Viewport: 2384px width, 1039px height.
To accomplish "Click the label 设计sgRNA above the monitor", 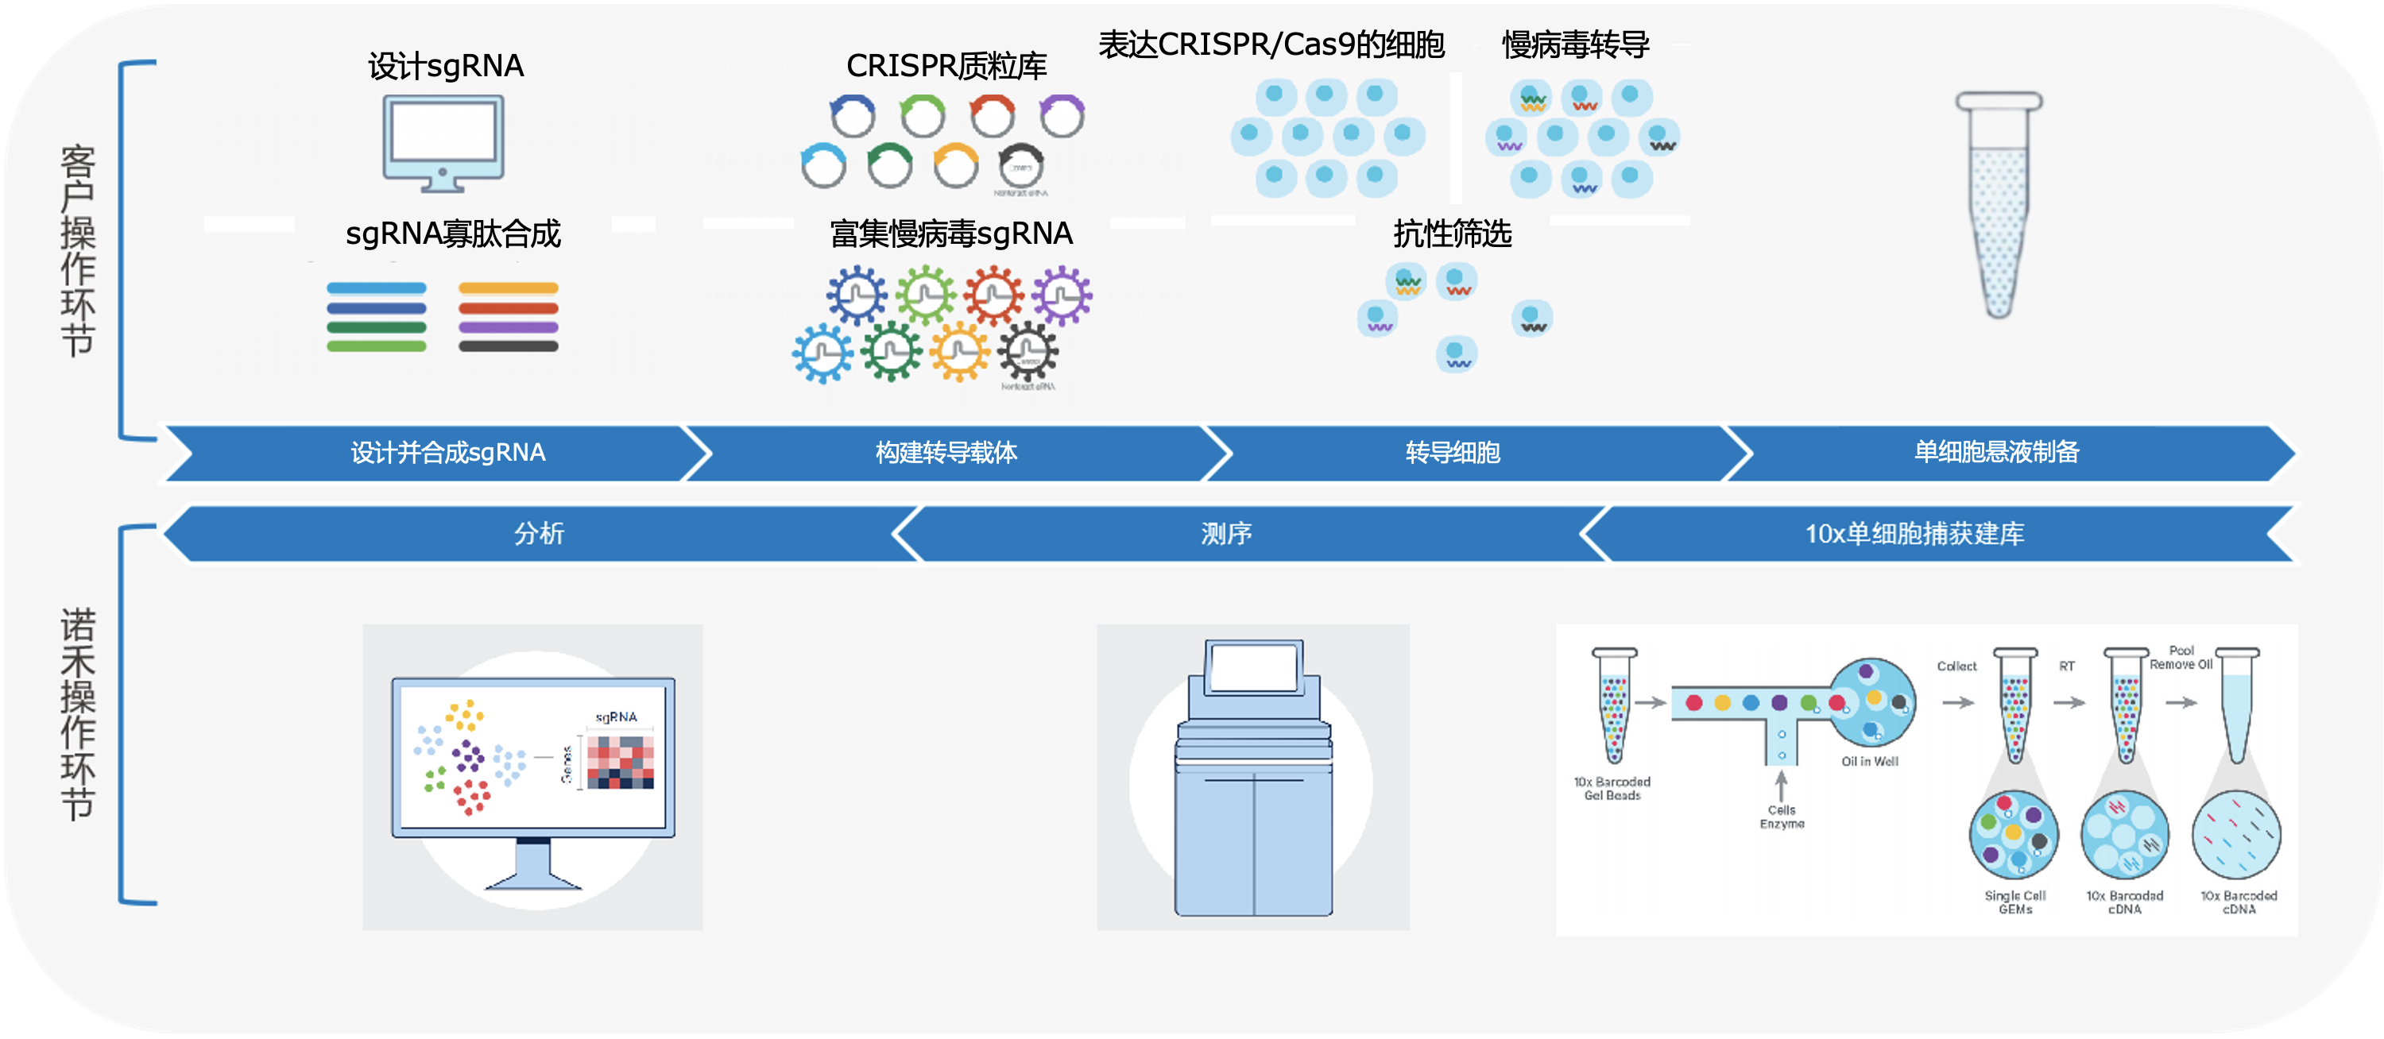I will (446, 67).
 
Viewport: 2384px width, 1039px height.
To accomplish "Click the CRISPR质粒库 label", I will (946, 67).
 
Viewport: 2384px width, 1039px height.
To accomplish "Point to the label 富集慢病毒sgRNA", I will (950, 234).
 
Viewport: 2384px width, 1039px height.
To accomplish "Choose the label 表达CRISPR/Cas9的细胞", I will (1271, 44).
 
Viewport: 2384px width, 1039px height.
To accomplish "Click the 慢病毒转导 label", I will (1575, 44).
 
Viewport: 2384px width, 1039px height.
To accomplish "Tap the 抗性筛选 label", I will (1452, 234).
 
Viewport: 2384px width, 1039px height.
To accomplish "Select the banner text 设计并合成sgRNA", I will (448, 453).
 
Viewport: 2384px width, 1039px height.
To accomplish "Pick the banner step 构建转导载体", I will (946, 453).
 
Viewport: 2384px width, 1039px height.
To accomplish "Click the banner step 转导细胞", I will (1452, 453).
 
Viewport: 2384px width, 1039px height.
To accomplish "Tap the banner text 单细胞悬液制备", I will (1996, 453).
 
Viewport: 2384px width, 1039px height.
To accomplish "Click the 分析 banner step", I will (539, 534).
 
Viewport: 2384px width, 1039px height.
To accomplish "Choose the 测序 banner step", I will (1226, 534).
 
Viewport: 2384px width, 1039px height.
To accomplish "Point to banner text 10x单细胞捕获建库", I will (1914, 534).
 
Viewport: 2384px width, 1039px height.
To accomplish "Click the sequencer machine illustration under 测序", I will (1253, 777).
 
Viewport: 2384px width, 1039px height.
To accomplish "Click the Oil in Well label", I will (1868, 762).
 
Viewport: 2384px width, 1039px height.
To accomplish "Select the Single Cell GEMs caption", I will (2014, 902).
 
